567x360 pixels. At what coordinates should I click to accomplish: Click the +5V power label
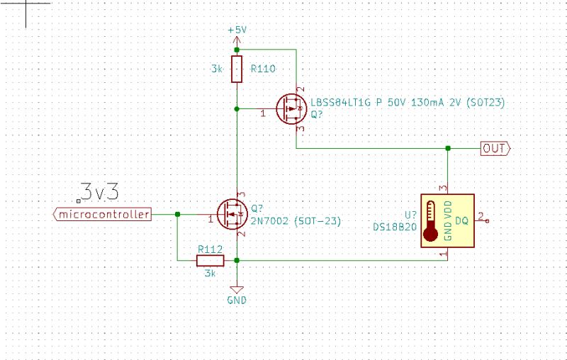point(237,30)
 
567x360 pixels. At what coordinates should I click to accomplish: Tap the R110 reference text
point(263,69)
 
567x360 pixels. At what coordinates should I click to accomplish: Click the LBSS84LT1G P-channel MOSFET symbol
point(291,110)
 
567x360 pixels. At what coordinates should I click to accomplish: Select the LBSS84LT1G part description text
point(408,102)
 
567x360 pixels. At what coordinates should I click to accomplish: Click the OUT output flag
point(495,148)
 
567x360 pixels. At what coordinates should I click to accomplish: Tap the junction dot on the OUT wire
point(448,148)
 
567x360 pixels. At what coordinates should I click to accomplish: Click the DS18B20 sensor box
point(447,220)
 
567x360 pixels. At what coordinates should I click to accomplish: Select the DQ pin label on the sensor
point(461,221)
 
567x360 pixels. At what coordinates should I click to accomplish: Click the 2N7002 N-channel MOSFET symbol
point(231,213)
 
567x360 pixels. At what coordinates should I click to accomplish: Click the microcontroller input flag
point(103,214)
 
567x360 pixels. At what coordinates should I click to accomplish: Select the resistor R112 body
point(210,261)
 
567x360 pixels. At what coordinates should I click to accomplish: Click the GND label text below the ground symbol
point(236,300)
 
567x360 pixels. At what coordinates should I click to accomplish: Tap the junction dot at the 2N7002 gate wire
point(177,214)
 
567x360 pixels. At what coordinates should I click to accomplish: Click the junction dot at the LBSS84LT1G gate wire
point(237,109)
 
